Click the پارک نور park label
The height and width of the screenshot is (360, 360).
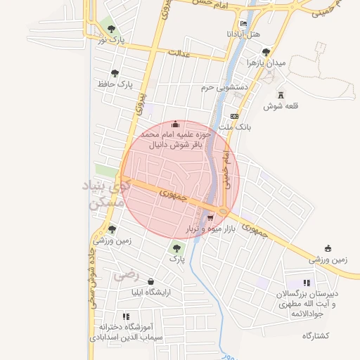click(111, 41)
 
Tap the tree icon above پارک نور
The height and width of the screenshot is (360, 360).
click(111, 29)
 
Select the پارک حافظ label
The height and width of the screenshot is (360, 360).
click(115, 84)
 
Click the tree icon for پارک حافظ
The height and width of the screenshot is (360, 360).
click(115, 72)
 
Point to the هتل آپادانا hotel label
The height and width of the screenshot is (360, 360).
click(244, 34)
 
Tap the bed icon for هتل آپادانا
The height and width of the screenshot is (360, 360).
click(244, 23)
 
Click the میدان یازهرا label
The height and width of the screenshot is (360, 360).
click(266, 63)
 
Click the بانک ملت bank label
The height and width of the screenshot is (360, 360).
click(235, 127)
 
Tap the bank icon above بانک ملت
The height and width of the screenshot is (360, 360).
click(235, 116)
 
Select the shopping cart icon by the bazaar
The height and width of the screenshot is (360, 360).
click(210, 218)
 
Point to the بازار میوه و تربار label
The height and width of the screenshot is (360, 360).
click(210, 230)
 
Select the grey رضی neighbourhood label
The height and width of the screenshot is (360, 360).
click(127, 275)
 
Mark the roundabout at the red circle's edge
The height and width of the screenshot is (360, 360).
click(222, 210)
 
